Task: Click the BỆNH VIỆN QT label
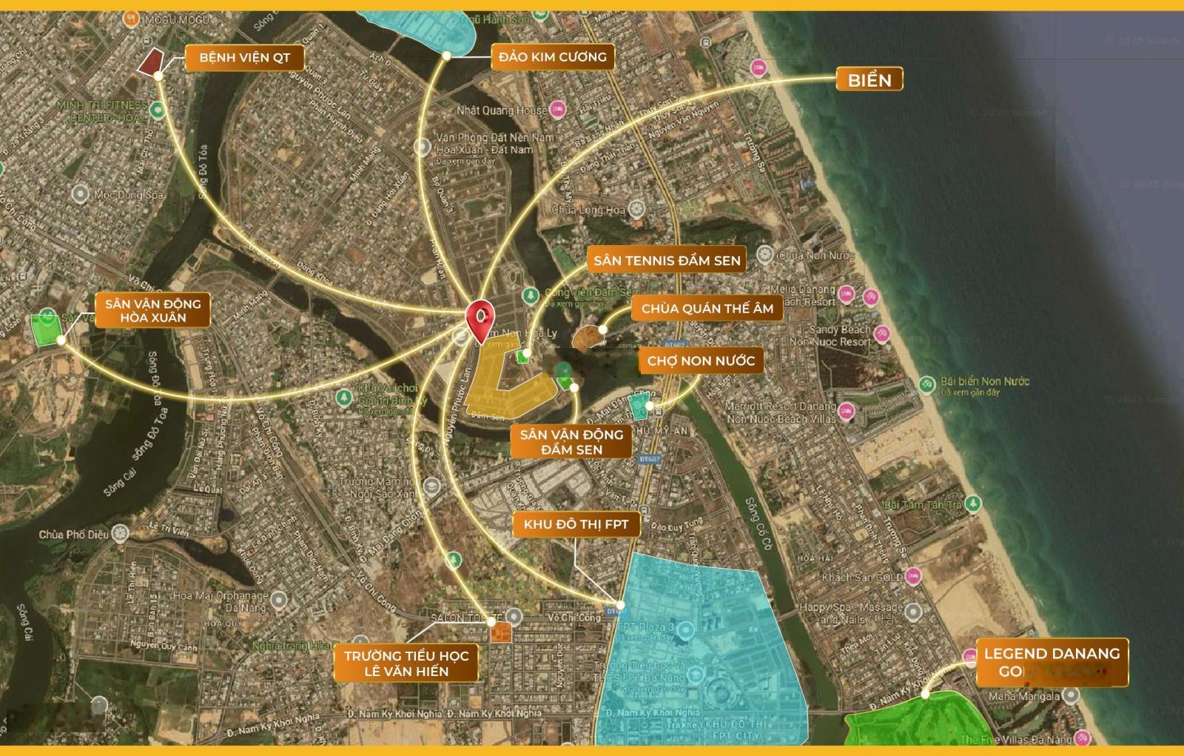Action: pyautogui.click(x=245, y=58)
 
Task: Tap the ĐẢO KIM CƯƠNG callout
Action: pyautogui.click(x=552, y=57)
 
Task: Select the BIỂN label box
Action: pyautogui.click(x=869, y=79)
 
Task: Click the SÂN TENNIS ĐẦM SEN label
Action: pyautogui.click(x=666, y=260)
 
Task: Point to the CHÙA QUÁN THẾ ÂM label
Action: pyautogui.click(x=707, y=309)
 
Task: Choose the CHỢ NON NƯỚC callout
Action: pyautogui.click(x=701, y=361)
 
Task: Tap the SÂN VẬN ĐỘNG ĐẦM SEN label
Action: pyautogui.click(x=571, y=441)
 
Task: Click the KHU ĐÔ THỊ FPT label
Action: pyautogui.click(x=576, y=525)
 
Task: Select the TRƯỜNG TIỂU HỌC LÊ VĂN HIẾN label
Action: pyautogui.click(x=406, y=663)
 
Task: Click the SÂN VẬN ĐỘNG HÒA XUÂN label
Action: pyautogui.click(x=152, y=310)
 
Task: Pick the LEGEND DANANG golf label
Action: pyautogui.click(x=1052, y=662)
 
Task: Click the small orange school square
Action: pyautogui.click(x=501, y=632)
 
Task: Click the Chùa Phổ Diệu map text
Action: pyautogui.click(x=73, y=534)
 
